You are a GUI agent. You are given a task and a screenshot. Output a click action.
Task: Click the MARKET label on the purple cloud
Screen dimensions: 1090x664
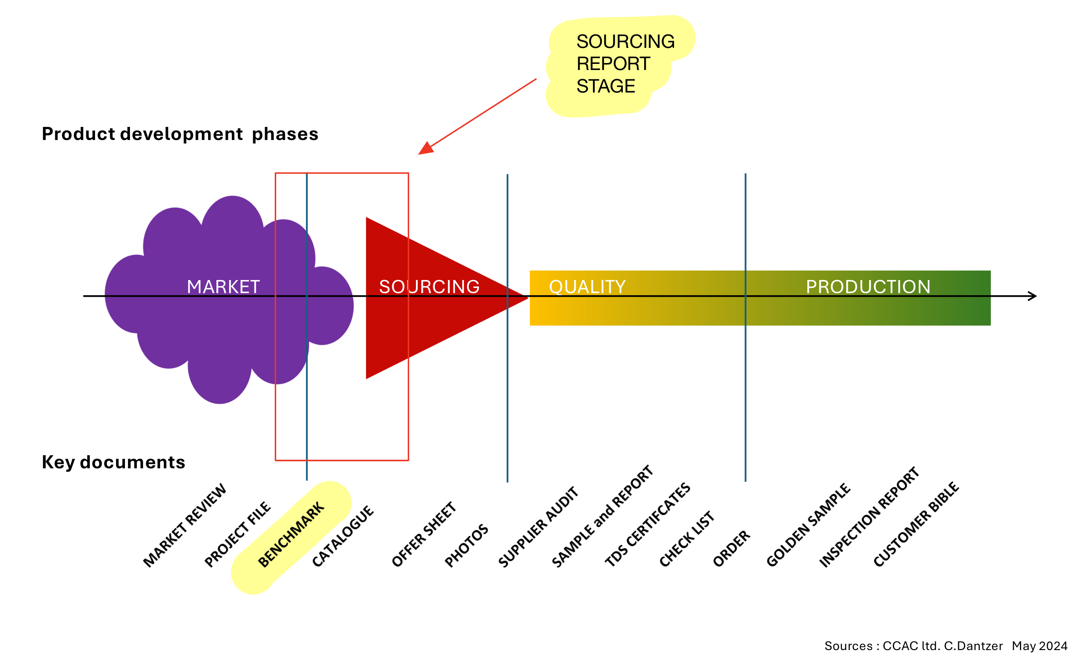223,287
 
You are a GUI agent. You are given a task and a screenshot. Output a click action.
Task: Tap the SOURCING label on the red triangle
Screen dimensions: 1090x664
429,287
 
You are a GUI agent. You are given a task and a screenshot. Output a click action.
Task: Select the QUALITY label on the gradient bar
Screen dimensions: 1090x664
587,287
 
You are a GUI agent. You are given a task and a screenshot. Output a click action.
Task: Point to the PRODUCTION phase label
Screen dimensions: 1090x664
868,287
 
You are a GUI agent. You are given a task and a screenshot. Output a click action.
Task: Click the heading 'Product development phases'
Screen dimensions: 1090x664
180,134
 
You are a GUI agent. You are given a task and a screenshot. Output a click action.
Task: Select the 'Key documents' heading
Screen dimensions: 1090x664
113,463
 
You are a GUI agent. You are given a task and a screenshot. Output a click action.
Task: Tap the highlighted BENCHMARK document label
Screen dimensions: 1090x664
291,534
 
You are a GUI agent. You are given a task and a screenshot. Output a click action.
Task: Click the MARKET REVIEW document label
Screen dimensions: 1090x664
184,526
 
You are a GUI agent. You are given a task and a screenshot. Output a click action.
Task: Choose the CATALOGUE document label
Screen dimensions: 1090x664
343,536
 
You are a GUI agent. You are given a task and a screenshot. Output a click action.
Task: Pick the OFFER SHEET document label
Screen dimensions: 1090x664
423,535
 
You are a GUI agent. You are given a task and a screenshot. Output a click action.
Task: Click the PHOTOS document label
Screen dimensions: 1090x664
466,546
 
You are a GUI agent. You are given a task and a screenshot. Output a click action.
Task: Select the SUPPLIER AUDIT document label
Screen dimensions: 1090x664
538,527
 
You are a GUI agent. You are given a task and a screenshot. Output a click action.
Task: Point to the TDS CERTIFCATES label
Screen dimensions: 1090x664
647,525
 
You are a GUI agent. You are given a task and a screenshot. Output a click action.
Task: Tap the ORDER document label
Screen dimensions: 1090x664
731,549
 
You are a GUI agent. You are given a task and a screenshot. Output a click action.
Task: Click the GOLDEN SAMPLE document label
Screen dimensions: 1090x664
808,525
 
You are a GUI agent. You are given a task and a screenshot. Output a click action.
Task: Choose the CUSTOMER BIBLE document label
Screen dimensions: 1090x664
916,524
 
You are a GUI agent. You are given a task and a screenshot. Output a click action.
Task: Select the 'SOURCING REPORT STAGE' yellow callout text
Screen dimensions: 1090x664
625,64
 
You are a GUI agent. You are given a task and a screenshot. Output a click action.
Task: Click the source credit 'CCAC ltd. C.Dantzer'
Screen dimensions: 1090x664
942,646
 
